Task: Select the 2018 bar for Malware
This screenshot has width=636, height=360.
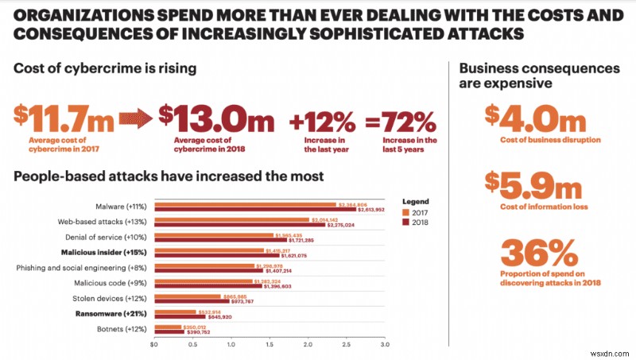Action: (261, 211)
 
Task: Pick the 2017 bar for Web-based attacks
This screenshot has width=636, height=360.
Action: (231, 220)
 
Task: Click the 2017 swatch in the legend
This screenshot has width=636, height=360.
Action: (408, 212)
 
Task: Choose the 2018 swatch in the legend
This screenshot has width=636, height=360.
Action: (408, 223)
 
